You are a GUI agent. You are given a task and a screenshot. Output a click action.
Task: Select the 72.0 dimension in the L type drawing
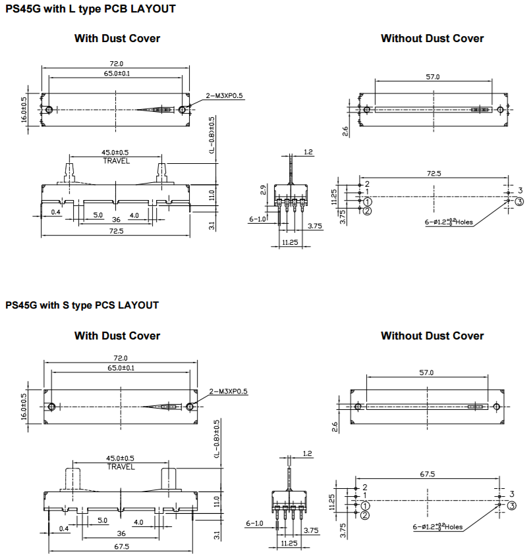coord(116,63)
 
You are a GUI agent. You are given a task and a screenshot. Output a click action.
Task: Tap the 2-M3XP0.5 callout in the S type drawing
coord(229,392)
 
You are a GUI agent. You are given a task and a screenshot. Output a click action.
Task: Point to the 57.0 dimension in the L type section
coord(432,77)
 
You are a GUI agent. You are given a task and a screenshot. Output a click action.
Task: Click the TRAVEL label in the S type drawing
coord(121,467)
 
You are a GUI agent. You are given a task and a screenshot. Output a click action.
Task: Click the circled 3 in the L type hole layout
coord(519,201)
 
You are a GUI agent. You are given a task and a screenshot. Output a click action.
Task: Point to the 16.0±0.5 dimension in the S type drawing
coord(24,405)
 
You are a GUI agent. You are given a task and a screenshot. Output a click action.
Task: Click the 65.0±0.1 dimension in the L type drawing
coord(117,73)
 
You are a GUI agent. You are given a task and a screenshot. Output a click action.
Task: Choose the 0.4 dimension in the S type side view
coord(64,528)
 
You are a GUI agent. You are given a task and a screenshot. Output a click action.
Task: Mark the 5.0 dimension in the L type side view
coord(97,215)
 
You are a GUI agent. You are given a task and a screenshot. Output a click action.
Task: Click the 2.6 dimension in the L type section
coord(345,132)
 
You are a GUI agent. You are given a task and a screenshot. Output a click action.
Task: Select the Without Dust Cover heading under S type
coord(432,336)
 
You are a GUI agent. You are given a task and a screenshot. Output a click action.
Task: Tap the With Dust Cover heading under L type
coord(117,38)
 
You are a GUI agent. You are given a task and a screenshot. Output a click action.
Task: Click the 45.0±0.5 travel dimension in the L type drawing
coord(117,153)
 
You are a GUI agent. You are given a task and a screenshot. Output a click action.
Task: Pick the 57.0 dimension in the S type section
coord(427,373)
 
